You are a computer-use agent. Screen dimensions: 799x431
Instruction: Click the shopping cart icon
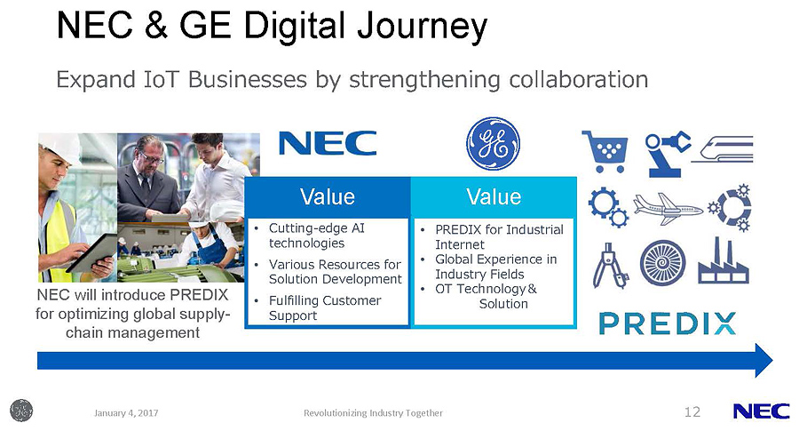tap(605, 151)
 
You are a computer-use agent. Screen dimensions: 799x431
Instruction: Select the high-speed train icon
tap(723, 149)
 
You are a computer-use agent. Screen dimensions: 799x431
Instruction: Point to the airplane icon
tap(668, 208)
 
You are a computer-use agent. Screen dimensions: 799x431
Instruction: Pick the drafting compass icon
tap(611, 265)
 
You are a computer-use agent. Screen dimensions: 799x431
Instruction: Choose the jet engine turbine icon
tap(662, 263)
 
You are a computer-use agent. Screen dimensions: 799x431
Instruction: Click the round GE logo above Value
tap(494, 143)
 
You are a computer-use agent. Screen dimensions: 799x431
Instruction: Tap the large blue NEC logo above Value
tap(328, 143)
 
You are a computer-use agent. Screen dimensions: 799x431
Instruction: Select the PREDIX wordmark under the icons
tap(668, 323)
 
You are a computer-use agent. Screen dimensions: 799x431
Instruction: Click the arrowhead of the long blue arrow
tap(763, 360)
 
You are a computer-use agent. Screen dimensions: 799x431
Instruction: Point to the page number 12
tap(692, 411)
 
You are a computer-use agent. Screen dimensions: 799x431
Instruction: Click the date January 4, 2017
tap(126, 412)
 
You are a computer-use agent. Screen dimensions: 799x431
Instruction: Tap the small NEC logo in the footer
tap(762, 411)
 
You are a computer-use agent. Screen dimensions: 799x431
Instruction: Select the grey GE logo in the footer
tap(21, 411)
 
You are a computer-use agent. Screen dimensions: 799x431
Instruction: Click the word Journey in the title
tap(423, 27)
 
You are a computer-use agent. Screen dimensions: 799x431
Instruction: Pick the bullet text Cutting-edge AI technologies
tap(317, 235)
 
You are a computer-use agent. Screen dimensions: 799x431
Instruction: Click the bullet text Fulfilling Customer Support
tap(325, 307)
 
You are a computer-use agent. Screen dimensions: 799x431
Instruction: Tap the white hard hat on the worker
tap(61, 147)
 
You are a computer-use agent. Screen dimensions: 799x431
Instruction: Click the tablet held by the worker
tap(92, 253)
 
